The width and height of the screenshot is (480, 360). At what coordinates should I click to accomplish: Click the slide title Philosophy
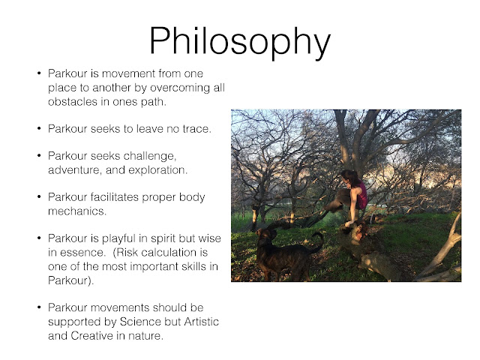tap(240, 42)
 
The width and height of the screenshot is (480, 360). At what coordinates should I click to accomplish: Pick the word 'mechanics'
tap(77, 211)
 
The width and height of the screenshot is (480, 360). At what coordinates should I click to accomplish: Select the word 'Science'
tap(140, 322)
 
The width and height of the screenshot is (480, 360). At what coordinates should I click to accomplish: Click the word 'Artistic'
tap(202, 322)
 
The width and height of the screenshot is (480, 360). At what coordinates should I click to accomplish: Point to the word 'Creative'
tap(91, 336)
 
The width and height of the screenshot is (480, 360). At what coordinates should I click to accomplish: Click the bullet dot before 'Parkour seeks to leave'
tap(39, 128)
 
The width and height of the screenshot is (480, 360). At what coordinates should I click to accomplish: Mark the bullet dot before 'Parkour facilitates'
tap(39, 196)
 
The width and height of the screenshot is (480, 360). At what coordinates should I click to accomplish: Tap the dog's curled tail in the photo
tap(317, 241)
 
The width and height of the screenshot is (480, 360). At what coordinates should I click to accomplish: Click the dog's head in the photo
tap(265, 235)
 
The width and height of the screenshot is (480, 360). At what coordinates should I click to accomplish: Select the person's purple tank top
tap(362, 195)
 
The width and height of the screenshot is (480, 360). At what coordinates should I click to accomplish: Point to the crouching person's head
tap(349, 178)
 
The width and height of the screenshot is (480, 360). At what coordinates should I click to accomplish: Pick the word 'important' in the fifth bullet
tap(154, 267)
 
